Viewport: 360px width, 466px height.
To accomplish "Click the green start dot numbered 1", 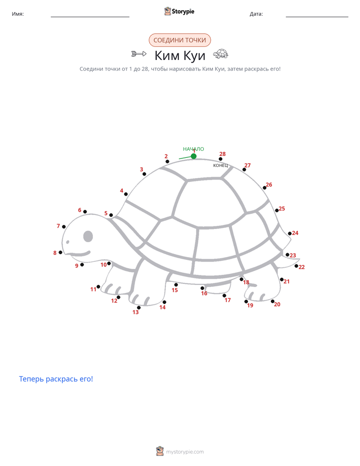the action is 194,156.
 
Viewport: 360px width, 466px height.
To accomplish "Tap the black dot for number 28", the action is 220,159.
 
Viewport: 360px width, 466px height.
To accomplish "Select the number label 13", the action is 136,312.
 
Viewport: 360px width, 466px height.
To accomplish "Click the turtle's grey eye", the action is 88,236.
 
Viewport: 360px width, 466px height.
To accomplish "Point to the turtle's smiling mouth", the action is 78,254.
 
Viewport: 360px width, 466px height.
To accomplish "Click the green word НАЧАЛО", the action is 194,149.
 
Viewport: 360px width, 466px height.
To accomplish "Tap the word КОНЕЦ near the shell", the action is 220,165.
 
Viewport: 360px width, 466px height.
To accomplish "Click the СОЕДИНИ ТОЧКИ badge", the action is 179,40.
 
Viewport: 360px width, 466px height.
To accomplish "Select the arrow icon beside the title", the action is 139,54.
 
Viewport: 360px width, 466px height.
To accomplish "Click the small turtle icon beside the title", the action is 221,54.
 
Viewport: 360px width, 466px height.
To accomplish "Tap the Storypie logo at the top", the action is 179,11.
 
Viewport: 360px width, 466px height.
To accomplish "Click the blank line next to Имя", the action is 90,17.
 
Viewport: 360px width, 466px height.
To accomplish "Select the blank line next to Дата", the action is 317,17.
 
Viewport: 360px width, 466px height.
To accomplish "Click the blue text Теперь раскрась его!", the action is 56,379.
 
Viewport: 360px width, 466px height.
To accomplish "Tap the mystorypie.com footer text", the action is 185,452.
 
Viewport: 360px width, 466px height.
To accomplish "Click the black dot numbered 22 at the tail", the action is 296,266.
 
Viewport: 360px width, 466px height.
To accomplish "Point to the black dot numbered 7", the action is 64,227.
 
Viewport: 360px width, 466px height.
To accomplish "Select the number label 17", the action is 227,300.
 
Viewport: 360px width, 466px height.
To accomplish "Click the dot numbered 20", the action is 272,302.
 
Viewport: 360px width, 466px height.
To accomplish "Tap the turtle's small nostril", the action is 68,242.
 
